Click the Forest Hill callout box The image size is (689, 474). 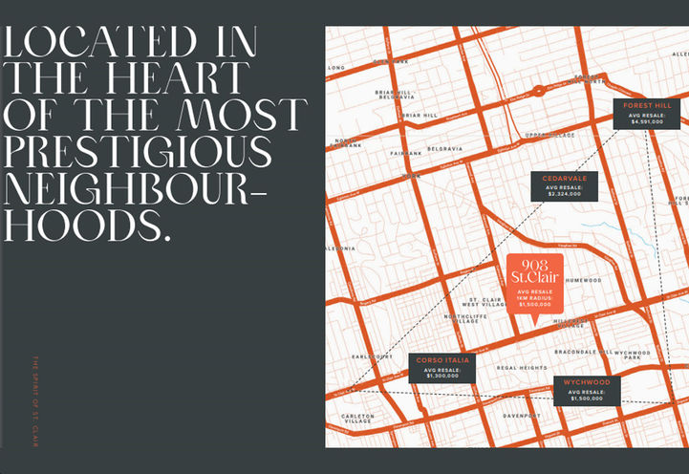648,113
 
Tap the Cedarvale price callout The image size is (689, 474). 564,185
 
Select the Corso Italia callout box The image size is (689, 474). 442,368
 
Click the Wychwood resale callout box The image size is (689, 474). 586,390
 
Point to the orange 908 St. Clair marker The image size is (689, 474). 533,283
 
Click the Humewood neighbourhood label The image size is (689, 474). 582,280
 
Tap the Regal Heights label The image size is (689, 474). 522,368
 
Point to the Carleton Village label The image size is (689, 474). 357,419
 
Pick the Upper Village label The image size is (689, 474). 550,136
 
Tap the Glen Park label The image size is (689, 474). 390,60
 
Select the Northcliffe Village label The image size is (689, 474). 465,318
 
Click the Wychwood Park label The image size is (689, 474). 633,355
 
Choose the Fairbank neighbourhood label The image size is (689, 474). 405,153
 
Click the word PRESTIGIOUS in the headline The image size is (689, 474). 138,152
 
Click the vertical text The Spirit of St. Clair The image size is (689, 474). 34,401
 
